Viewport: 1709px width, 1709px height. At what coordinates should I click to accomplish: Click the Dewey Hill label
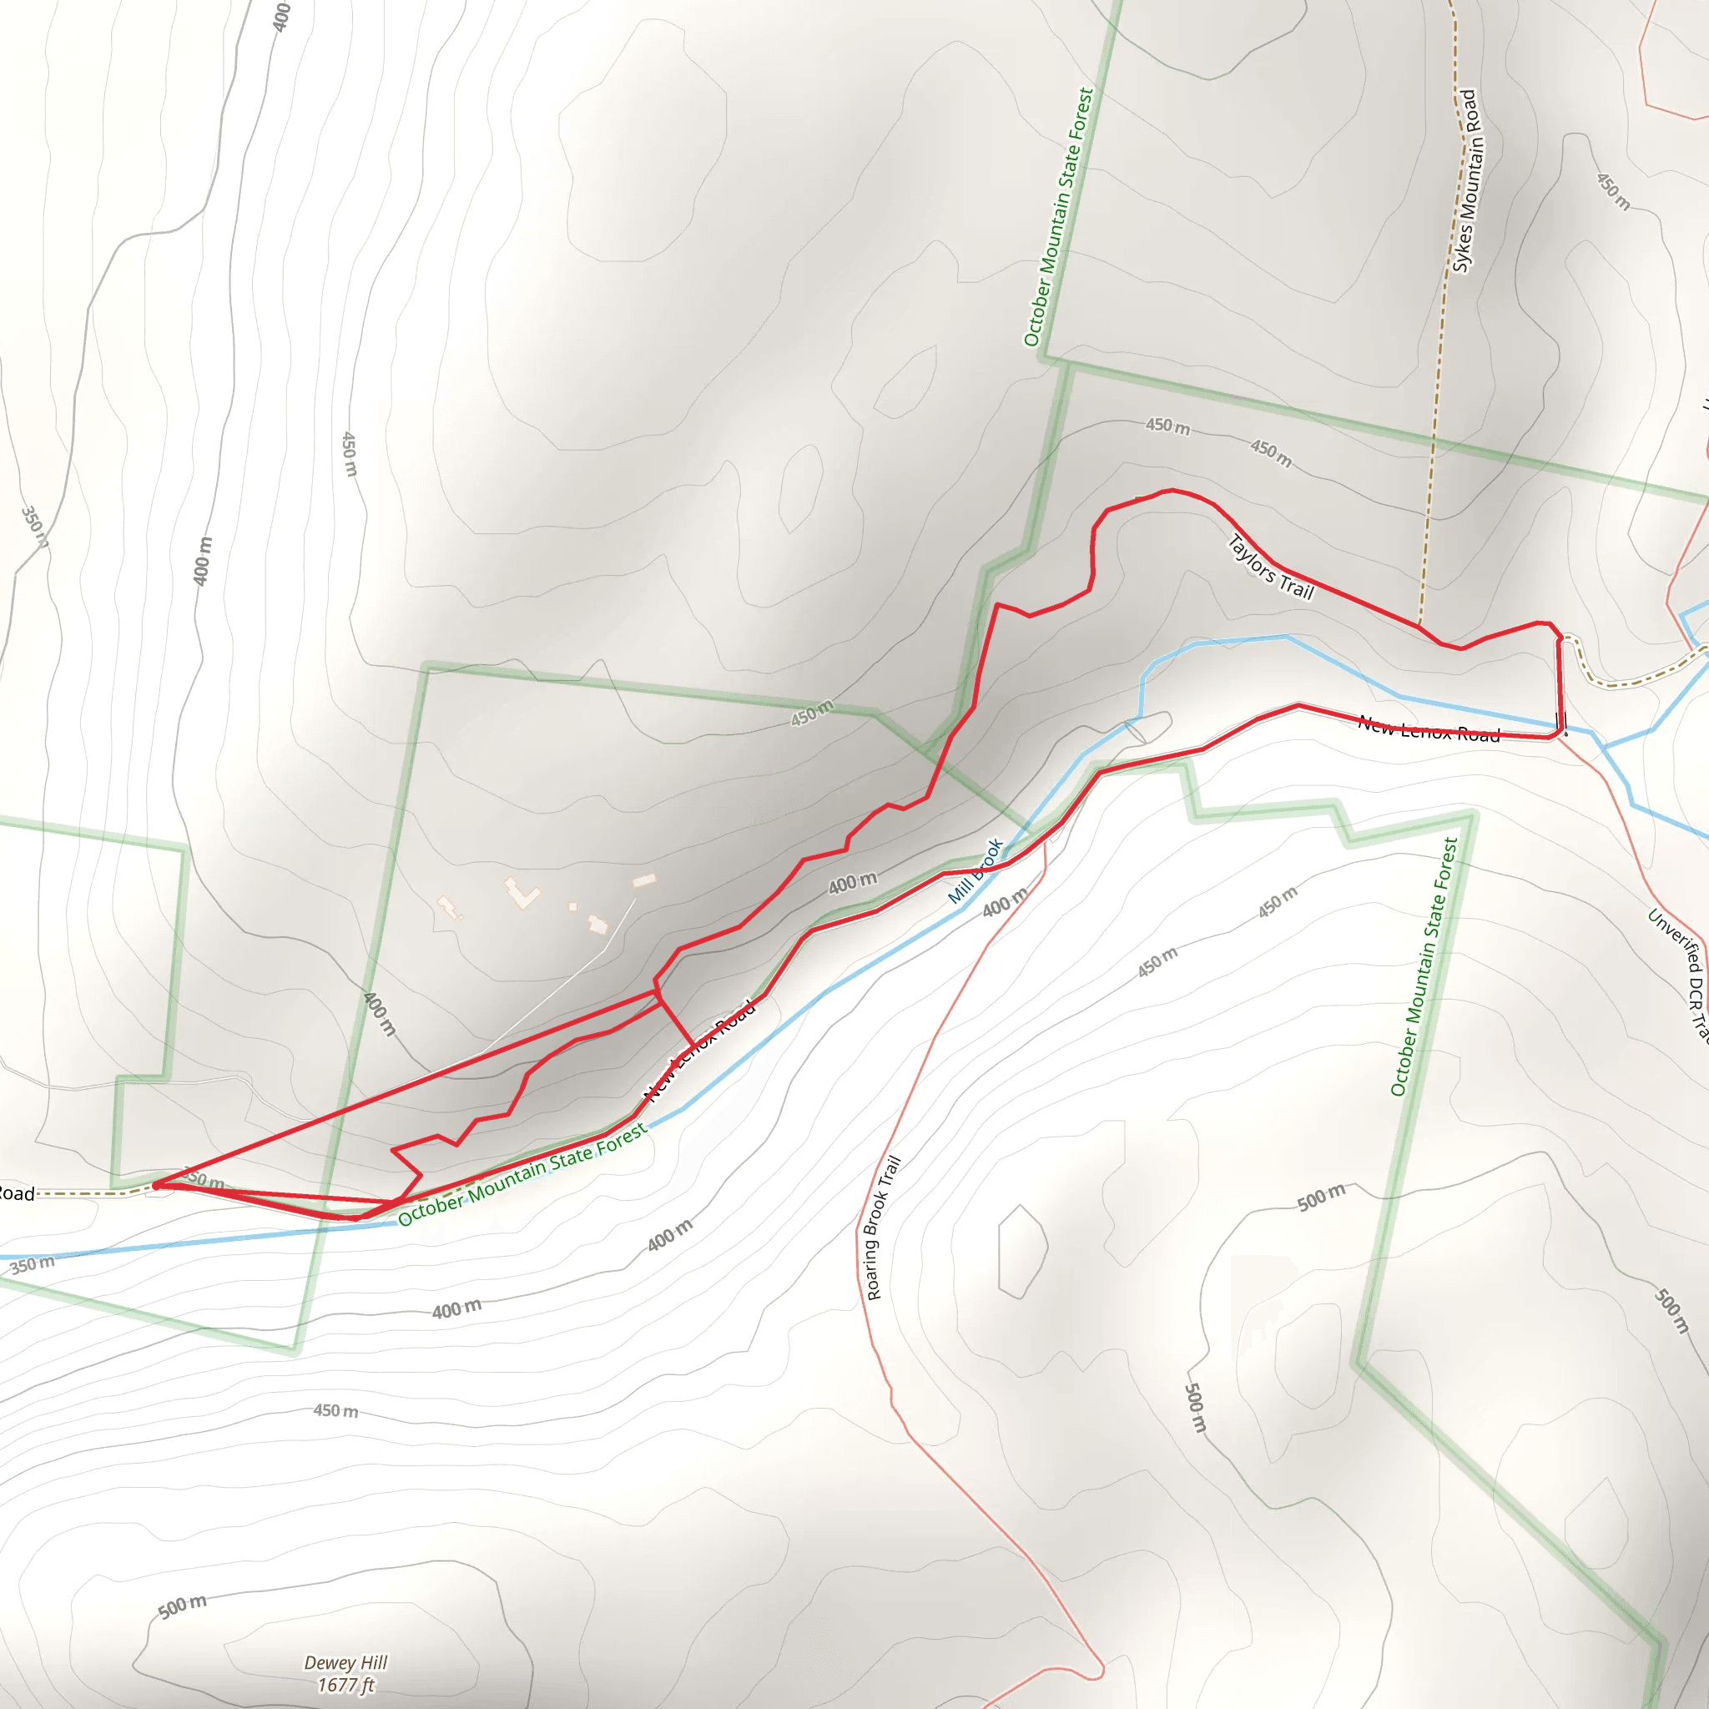click(x=345, y=1662)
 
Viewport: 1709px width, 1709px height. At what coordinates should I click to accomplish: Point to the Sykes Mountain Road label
click(x=1464, y=181)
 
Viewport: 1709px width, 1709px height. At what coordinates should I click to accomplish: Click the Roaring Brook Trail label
click(x=883, y=1228)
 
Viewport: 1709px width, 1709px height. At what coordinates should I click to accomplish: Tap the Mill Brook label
click(x=975, y=870)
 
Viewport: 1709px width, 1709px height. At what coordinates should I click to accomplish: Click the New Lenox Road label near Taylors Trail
click(x=1429, y=730)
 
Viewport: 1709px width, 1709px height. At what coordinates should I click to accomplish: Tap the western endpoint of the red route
click(x=157, y=1185)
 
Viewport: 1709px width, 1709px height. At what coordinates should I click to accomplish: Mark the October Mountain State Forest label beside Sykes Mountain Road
click(x=1059, y=217)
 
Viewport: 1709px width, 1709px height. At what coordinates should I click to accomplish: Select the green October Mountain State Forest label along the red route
click(x=522, y=1176)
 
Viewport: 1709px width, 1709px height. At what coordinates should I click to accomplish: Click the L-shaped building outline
click(x=522, y=893)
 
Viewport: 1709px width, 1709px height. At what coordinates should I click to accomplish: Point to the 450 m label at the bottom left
click(x=335, y=1410)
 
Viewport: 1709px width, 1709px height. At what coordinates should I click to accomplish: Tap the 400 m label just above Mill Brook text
click(x=853, y=882)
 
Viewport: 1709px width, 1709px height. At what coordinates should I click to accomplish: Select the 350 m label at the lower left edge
click(x=32, y=1264)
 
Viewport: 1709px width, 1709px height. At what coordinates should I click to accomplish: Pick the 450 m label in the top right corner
click(x=1612, y=191)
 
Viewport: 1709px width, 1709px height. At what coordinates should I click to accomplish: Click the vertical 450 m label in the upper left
click(x=350, y=454)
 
